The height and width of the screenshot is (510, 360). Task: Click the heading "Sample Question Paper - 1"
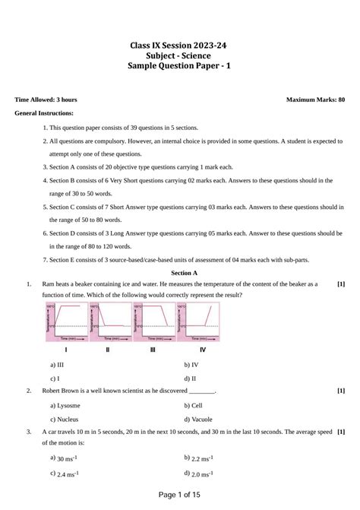click(x=180, y=67)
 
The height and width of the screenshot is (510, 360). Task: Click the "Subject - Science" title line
click(x=180, y=56)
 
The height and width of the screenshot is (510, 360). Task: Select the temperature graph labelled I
click(x=66, y=322)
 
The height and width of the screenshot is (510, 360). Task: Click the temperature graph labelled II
click(x=109, y=322)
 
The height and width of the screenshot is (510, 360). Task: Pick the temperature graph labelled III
click(x=153, y=322)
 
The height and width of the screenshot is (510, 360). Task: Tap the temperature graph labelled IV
click(x=201, y=322)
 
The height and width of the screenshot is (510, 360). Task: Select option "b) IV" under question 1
click(x=191, y=365)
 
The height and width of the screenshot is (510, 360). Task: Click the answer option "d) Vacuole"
click(x=198, y=419)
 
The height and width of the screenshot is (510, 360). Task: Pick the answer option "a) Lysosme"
click(x=65, y=405)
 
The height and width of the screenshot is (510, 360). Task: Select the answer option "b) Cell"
click(x=193, y=405)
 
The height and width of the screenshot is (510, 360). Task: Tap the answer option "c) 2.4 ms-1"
click(x=65, y=474)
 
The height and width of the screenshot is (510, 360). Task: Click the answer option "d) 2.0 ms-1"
click(x=198, y=474)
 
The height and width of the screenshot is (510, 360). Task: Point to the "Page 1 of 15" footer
click(x=179, y=496)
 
